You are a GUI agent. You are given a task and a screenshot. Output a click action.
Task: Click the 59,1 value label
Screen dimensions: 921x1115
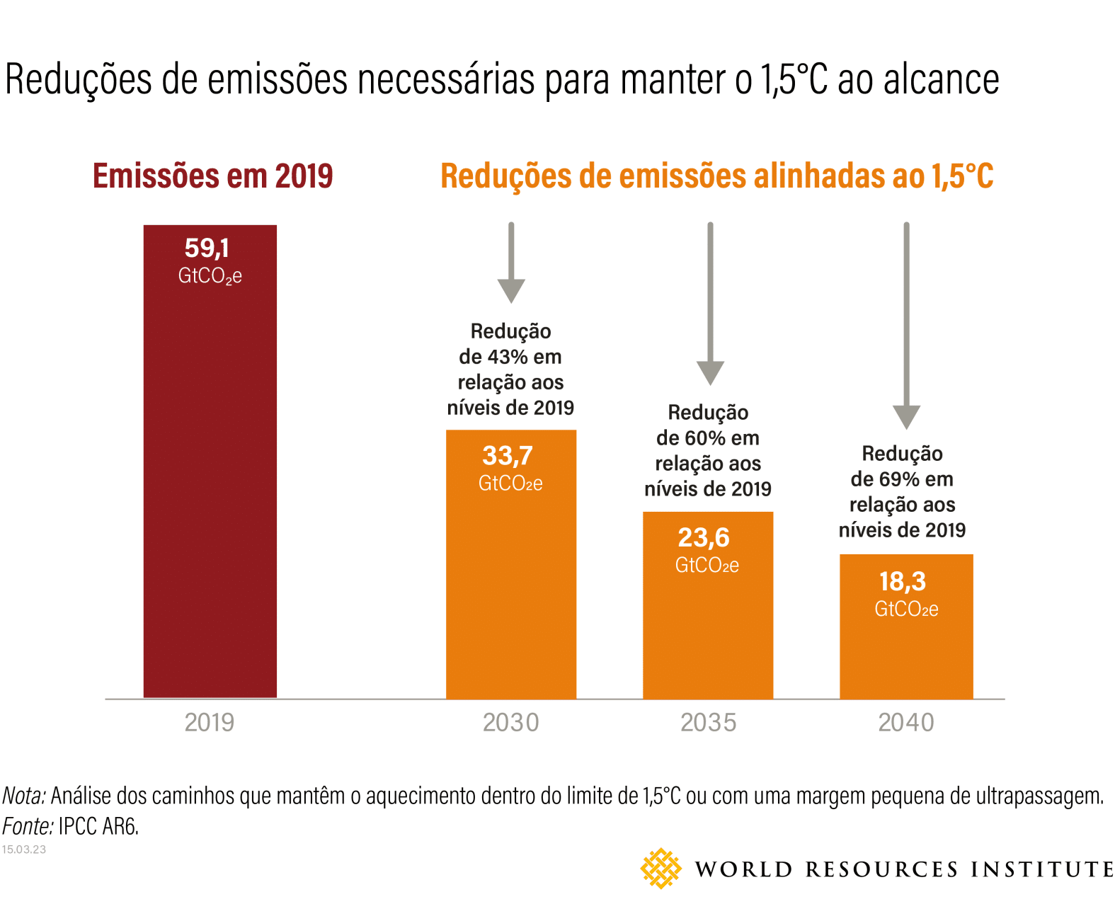[207, 248]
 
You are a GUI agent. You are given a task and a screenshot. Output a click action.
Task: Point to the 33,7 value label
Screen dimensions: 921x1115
[508, 456]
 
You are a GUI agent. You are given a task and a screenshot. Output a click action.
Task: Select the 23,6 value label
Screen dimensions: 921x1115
[704, 538]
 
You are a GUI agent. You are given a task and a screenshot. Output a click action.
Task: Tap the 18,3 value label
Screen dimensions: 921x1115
[903, 582]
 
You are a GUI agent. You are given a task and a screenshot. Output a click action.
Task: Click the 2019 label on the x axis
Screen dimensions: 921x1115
[210, 723]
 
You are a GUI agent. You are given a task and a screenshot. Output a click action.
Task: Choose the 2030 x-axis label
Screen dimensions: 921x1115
[510, 723]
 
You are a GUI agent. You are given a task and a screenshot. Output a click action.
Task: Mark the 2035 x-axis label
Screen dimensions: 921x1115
[708, 723]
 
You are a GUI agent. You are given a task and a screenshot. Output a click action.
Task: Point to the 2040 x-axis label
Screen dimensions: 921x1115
[906, 723]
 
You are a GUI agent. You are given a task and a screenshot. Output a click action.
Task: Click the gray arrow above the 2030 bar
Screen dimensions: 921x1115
[511, 262]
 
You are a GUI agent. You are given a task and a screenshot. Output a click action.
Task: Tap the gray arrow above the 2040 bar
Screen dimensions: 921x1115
[906, 326]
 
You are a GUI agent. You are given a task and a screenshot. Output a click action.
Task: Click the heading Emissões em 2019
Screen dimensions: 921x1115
[212, 176]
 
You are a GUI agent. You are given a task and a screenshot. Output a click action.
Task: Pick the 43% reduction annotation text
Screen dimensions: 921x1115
[510, 370]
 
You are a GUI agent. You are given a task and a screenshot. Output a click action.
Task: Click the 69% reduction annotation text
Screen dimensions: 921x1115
[902, 492]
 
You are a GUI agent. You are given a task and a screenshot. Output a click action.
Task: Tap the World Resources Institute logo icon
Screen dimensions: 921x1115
[661, 868]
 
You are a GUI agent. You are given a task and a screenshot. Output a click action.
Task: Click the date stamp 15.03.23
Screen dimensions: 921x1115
[24, 850]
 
